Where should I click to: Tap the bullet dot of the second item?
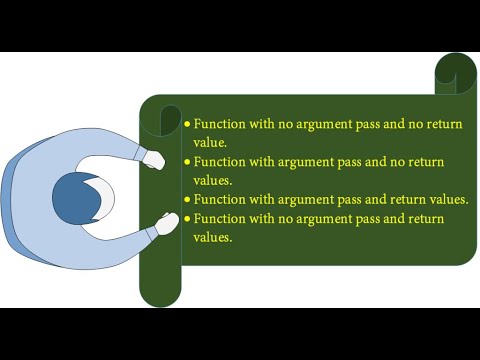coord(187,162)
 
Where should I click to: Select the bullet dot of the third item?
coord(187,200)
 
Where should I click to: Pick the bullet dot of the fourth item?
coord(187,219)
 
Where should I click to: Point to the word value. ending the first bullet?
coord(213,143)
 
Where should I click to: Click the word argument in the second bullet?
coord(320,161)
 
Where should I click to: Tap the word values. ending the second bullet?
coord(215,181)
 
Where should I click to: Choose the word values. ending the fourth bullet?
coord(215,238)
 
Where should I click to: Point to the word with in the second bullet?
coord(272,161)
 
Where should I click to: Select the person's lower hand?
coord(163,226)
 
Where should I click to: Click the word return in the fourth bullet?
coord(426,218)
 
